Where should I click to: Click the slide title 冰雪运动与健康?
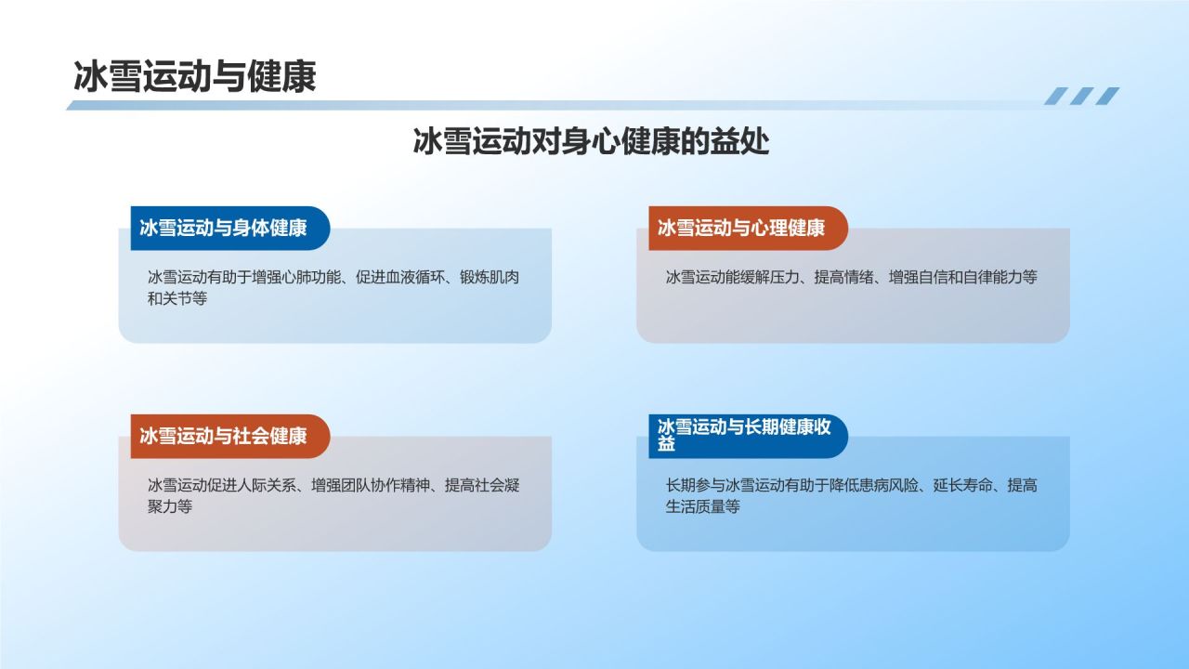[x=195, y=76]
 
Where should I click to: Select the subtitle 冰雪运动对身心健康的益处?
[x=591, y=142]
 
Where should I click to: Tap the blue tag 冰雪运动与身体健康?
[x=224, y=229]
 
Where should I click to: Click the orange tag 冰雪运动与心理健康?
[x=742, y=229]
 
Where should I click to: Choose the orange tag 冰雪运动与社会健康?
[x=224, y=437]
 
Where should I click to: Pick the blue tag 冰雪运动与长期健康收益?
[x=744, y=436]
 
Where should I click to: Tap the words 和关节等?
[x=177, y=300]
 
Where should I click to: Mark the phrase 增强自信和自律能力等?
[x=963, y=278]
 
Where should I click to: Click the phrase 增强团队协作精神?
[x=371, y=486]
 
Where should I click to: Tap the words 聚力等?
[x=170, y=507]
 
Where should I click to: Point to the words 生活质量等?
[x=703, y=507]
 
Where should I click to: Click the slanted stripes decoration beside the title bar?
[x=1081, y=96]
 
